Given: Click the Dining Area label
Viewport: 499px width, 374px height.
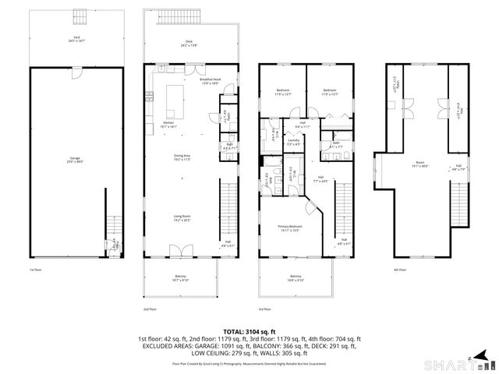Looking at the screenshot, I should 183,157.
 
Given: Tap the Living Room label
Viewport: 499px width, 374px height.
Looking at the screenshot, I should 182,217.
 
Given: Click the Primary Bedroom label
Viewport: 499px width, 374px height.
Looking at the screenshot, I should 289,228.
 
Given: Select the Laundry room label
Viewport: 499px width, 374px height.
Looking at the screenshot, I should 294,143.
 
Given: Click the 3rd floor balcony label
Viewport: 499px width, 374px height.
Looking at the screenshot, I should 296,278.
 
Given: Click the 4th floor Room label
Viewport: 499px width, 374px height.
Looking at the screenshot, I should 420,164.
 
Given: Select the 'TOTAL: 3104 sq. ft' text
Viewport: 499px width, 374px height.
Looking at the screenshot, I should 249,331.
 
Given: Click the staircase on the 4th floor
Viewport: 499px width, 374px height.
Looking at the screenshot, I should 462,203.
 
